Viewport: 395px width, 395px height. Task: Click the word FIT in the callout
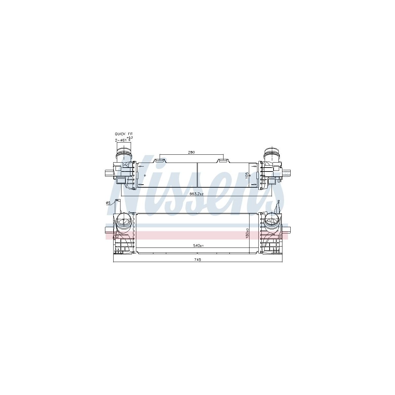(x=130, y=134)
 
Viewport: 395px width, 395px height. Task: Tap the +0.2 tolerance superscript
(x=130, y=138)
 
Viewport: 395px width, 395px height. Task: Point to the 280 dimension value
(x=191, y=152)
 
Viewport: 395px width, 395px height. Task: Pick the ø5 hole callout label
(x=108, y=203)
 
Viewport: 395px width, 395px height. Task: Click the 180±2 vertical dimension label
(x=248, y=233)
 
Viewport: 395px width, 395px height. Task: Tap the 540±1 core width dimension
(x=198, y=246)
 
